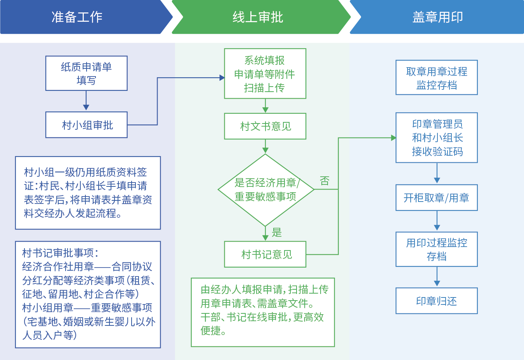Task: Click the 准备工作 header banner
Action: [78, 17]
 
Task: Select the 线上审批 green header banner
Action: [258, 17]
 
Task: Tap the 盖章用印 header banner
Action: [437, 17]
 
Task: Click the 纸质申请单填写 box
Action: [86, 73]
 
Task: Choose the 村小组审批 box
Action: [86, 125]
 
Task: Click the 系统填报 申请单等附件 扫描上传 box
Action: [265, 74]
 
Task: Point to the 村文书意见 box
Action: [265, 126]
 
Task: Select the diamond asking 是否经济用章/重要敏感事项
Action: [265, 190]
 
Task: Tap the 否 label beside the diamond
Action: [324, 181]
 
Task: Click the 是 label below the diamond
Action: [277, 233]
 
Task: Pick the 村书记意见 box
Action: [265, 254]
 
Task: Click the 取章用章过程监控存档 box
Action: [436, 78]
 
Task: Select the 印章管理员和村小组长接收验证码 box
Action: [436, 138]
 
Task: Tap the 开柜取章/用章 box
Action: [436, 198]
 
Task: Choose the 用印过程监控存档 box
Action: [436, 249]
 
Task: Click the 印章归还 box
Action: [436, 301]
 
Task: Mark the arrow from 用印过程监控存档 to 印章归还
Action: [437, 277]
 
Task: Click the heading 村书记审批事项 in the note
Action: [60, 253]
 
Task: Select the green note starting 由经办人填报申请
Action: [263, 312]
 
